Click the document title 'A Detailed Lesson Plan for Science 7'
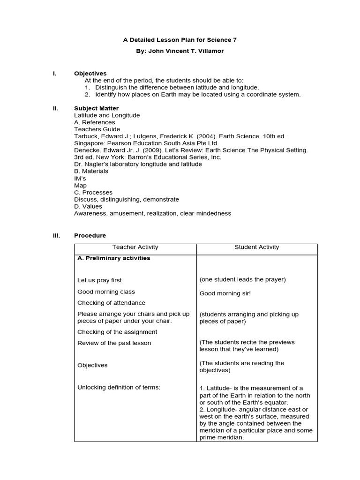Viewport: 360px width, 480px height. pos(180,40)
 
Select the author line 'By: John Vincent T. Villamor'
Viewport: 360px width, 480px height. pos(180,51)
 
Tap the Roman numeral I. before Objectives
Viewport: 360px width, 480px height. pos(54,74)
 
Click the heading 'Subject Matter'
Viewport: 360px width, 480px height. pos(96,108)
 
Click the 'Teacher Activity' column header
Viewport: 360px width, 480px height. pos(135,247)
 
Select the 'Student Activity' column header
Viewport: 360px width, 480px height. pos(256,247)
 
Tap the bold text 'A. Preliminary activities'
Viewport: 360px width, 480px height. pos(113,258)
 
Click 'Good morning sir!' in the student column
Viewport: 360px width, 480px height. pos(225,293)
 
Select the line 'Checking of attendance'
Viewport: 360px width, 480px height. pos(111,303)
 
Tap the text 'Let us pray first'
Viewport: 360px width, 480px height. pos(99,280)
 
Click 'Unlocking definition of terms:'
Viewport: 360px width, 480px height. pos(119,388)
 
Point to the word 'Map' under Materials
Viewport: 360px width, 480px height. pos(80,186)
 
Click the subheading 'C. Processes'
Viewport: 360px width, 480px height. pos(93,193)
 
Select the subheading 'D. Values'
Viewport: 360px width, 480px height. pos(88,206)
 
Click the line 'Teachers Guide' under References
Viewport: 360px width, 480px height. pos(97,129)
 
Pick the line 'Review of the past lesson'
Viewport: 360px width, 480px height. pos(114,343)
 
